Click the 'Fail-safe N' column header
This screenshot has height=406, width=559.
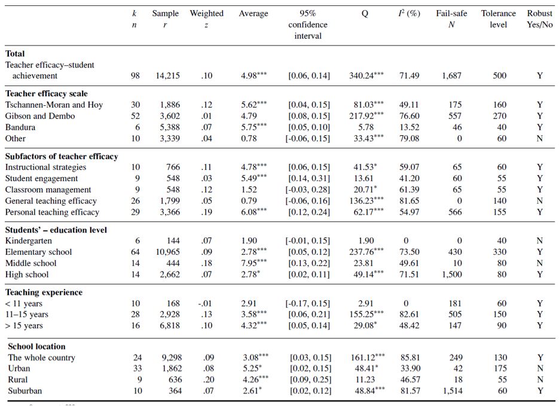pos(451,19)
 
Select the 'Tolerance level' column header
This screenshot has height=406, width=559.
pos(498,19)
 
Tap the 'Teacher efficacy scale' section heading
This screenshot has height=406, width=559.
pos(47,93)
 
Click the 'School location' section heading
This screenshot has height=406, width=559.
pos(36,346)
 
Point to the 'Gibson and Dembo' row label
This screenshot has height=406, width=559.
pos(40,116)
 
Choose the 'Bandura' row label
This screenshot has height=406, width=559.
pos(20,127)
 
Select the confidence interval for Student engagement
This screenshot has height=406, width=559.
pos(308,179)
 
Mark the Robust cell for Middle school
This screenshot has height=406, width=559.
pos(540,264)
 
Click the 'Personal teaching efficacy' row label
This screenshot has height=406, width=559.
pos(53,212)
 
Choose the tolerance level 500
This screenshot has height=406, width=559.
pos(499,76)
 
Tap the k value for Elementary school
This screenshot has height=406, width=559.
pos(136,252)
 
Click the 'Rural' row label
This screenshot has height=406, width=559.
pos(18,380)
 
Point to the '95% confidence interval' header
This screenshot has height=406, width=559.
pos(308,25)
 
